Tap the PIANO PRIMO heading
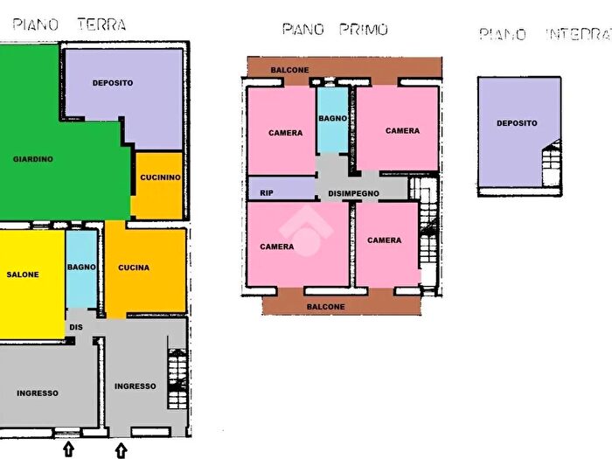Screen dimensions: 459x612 click(x=335, y=30)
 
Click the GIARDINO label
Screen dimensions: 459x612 click(x=33, y=159)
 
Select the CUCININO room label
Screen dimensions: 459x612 click(x=160, y=178)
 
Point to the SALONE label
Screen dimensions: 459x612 click(x=23, y=275)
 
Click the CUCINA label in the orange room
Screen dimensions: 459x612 click(x=134, y=268)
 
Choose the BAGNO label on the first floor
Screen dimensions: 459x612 click(x=333, y=117)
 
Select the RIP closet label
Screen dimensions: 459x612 click(x=267, y=193)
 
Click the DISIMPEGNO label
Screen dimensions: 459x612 click(x=353, y=193)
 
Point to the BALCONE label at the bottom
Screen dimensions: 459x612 click(x=326, y=307)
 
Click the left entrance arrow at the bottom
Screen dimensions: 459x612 click(x=69, y=449)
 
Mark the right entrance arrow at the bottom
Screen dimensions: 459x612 click(x=121, y=450)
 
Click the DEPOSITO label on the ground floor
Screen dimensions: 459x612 click(x=113, y=83)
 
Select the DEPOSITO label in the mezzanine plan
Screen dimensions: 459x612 click(x=517, y=123)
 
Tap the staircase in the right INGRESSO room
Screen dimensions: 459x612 click(x=177, y=379)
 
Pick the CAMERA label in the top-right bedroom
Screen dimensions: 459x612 click(x=402, y=131)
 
